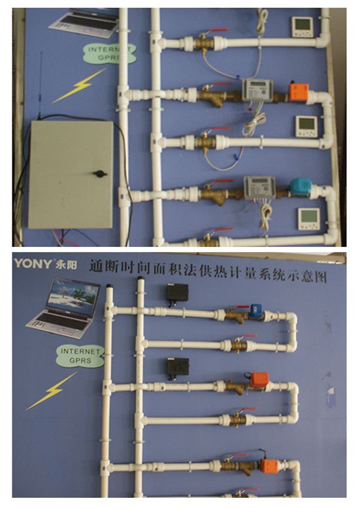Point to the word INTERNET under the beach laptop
coord(79,351)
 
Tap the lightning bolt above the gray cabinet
coord(79,85)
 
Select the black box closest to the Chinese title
coord(176,293)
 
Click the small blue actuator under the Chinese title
coord(255,310)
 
